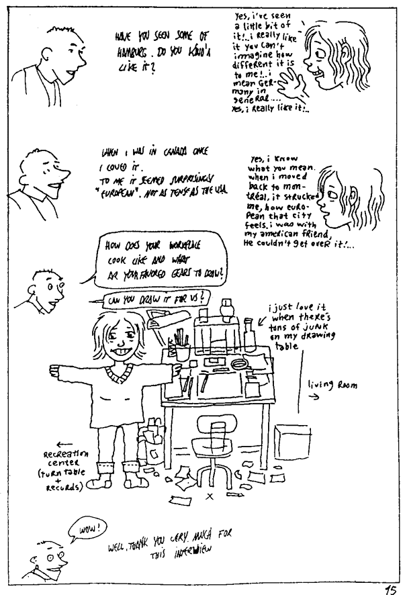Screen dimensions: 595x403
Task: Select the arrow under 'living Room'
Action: click(313, 397)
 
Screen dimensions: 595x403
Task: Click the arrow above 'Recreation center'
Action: click(64, 444)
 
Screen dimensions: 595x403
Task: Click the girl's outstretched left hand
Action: click(52, 368)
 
